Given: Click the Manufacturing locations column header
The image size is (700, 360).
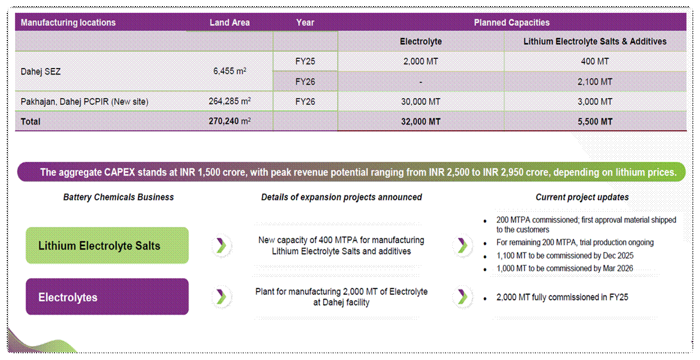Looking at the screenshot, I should point(68,22).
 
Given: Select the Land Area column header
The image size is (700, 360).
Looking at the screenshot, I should point(229,22).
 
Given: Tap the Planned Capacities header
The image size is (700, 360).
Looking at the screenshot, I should point(511,22).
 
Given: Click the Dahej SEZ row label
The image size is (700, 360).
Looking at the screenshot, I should point(40,71).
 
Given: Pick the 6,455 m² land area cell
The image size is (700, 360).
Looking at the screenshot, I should point(230,71).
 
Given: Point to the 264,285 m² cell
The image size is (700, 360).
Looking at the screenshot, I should point(229,102).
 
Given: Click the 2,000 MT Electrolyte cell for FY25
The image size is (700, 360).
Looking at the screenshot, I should point(420,61).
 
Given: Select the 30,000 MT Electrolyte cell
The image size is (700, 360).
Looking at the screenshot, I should point(420,102).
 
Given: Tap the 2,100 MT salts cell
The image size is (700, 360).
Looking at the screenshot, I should point(595,81).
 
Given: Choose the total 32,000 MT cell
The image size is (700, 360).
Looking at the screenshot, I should point(420,121).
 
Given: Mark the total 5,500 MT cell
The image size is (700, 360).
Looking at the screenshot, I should point(595,121).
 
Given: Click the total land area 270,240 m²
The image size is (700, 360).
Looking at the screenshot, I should point(229,121).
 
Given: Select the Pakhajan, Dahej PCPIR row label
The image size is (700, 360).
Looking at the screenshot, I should point(84,102).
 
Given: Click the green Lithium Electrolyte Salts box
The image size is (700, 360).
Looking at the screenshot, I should point(107,245).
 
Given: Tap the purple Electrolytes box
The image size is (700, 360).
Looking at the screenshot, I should point(107,297).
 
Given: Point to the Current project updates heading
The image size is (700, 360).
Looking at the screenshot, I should point(582,197).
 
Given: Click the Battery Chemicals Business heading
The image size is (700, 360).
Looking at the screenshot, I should point(119,197).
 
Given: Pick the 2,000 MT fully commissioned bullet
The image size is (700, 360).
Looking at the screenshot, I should point(562,297).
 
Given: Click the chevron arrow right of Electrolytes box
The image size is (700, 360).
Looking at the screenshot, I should point(221,297).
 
